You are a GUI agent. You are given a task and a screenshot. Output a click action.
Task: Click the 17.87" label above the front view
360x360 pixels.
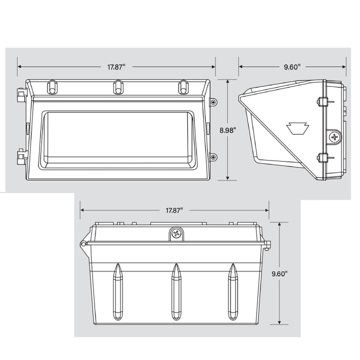[116, 67]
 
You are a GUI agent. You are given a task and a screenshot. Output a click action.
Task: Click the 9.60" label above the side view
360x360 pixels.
[292, 67]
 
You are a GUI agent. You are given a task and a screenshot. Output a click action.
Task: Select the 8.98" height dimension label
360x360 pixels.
[227, 130]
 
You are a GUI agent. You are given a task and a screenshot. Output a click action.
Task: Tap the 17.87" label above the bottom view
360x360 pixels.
[174, 210]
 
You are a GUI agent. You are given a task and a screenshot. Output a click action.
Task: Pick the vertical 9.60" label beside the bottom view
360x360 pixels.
[279, 274]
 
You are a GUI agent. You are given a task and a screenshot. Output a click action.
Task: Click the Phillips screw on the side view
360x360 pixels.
[335, 137]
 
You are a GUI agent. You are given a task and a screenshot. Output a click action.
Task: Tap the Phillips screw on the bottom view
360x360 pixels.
[177, 234]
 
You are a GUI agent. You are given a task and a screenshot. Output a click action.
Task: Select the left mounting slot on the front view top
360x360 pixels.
[51, 87]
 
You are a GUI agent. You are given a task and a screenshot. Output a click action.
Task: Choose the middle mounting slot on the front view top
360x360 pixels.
[117, 87]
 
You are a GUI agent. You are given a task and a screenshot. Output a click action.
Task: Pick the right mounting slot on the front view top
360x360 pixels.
[183, 87]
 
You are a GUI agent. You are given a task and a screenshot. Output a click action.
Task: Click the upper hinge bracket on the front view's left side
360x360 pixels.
[22, 95]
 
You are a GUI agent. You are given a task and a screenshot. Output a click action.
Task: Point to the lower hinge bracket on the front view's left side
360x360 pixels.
[22, 157]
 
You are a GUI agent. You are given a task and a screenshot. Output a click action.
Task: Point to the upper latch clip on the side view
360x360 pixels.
[322, 102]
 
